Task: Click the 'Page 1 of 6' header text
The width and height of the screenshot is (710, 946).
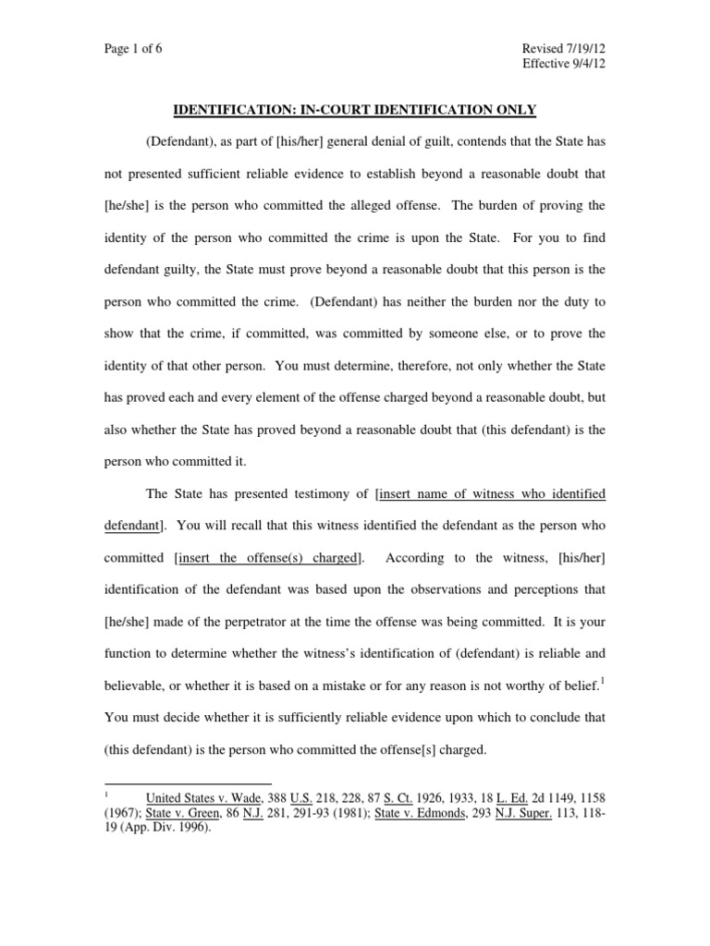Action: coord(133,49)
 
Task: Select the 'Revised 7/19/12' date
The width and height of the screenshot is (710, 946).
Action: coord(563,49)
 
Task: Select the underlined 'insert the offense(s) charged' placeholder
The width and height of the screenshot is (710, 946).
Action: coord(269,557)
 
